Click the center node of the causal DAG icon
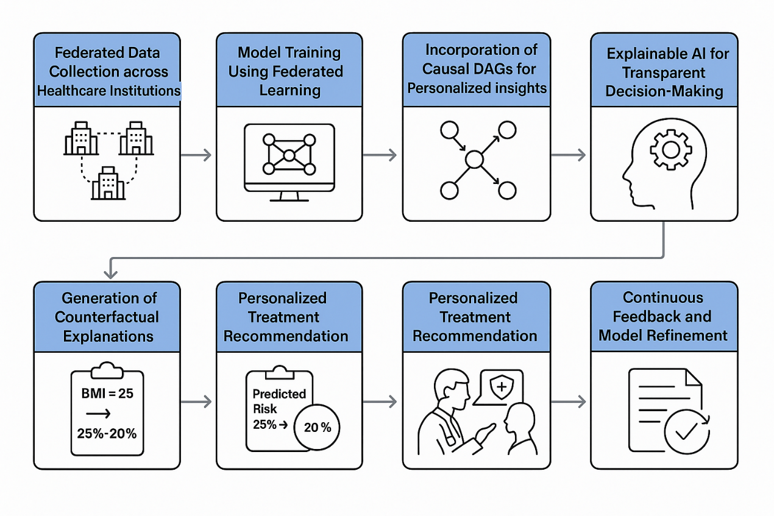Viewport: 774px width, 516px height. point(474,160)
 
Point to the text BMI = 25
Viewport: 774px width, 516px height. point(107,394)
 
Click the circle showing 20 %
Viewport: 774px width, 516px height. point(317,428)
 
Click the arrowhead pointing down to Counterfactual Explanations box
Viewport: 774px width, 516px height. point(108,272)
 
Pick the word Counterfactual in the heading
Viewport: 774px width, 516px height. point(107,317)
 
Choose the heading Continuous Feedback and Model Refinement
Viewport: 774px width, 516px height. point(663,316)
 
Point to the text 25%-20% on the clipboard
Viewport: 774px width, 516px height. point(107,434)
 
